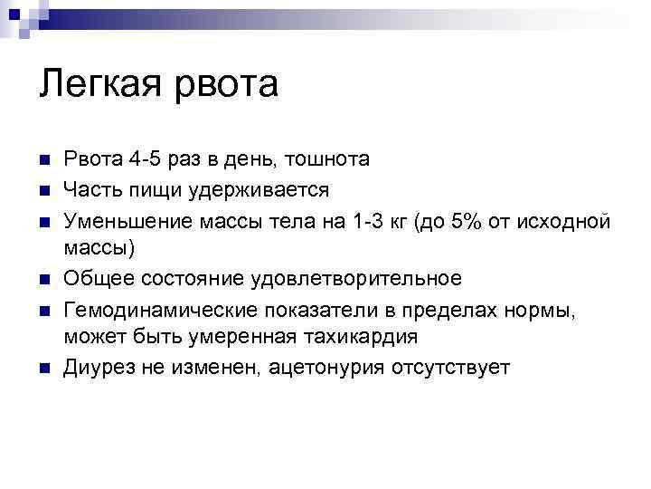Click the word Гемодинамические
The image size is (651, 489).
(x=160, y=308)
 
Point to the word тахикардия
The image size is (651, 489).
(x=354, y=337)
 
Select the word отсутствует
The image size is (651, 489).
(x=448, y=367)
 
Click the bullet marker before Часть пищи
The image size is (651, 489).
(x=43, y=190)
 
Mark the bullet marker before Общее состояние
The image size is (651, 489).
(x=43, y=279)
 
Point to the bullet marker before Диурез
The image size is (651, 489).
(x=43, y=368)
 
